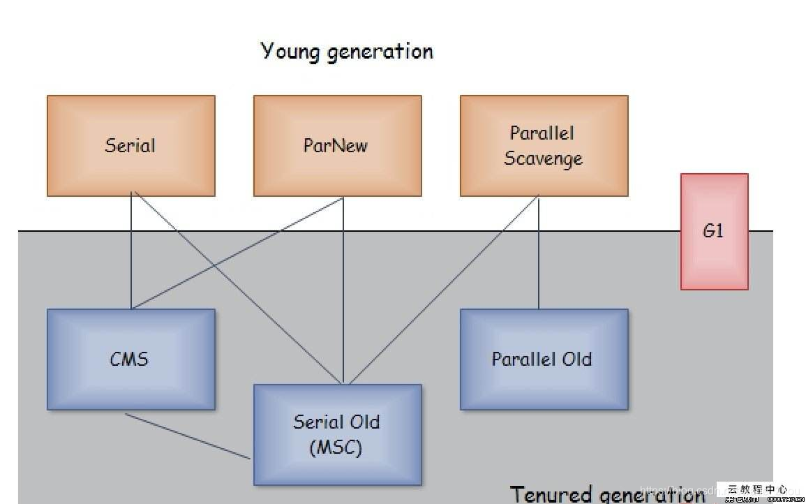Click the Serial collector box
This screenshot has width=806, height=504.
coord(130,145)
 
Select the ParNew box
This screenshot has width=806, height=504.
coord(337,145)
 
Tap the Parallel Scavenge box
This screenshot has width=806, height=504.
coord(544,145)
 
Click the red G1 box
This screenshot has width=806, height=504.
coord(714,232)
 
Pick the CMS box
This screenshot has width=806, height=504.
coord(130,359)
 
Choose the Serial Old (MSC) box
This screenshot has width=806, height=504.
coord(337,434)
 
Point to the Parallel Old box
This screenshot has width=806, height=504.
coord(544,359)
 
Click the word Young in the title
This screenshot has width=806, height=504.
coord(287,52)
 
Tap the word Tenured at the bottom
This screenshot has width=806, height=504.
coord(551,494)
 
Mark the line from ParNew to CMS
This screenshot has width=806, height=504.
coord(237,253)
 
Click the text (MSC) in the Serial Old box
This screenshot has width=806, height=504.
coord(336,447)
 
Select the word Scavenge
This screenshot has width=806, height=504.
coord(543,158)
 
